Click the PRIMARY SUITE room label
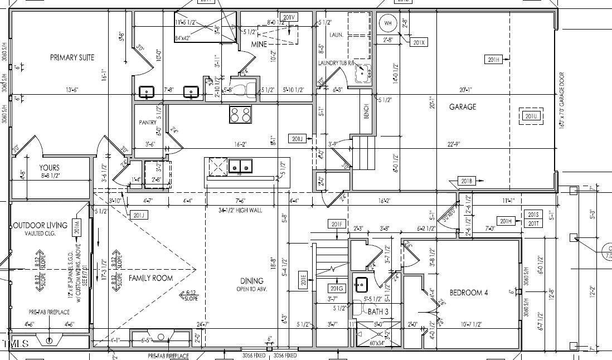point(72,57)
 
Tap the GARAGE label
point(463,107)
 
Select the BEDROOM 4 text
point(469,293)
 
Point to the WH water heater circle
point(388,23)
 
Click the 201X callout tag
point(419,42)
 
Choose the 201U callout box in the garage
point(530,116)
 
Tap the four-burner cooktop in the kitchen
point(240,114)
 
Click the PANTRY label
point(148,122)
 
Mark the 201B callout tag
point(467,181)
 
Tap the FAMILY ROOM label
point(150,278)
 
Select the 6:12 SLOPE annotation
point(191,295)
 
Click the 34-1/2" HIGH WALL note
point(241,210)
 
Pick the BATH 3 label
point(379,312)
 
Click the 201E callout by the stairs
point(304,279)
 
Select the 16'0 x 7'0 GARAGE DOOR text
point(561,101)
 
